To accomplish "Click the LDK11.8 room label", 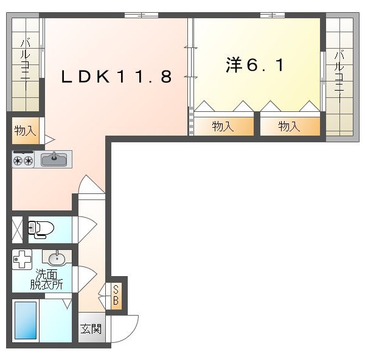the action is pos(117,77).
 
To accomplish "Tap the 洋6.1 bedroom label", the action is pos(255,65).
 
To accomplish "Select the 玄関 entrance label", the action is pos(91,329).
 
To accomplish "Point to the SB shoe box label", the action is pos(116,296).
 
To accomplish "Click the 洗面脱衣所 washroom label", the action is pos(47,280).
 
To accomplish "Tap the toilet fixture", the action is pos(41,229).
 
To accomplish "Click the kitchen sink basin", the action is pos(54,160).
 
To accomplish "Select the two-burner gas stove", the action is pos(23,160).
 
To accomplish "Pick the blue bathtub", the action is pos(26,320).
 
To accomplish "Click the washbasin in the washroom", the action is pos(57,258).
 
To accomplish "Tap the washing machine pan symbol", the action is pos(22,259).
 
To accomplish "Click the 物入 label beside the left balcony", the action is pos(25,130).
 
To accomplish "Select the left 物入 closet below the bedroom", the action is pos(223,126).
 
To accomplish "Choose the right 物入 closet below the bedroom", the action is pos(289,126).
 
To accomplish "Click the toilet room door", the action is pos(87,230).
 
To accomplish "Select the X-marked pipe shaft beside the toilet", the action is pos(17,230).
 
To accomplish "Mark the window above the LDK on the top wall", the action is pos(142,15).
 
